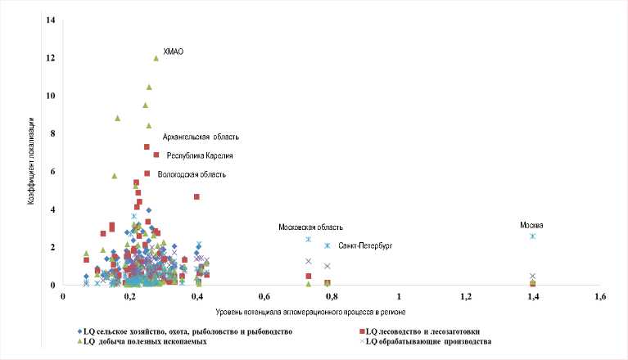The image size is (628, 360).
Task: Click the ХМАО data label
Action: tap(173, 52)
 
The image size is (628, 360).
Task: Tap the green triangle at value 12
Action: tap(156, 58)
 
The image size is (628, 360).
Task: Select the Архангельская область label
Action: tap(200, 137)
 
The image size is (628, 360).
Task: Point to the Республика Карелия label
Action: tap(200, 155)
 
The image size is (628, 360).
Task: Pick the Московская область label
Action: tap(310, 227)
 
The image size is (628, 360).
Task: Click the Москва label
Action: tap(531, 225)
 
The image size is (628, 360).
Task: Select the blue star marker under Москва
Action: tap(532, 236)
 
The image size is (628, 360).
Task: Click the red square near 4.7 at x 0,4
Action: tap(197, 196)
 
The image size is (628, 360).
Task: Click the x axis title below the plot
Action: tap(311, 313)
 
